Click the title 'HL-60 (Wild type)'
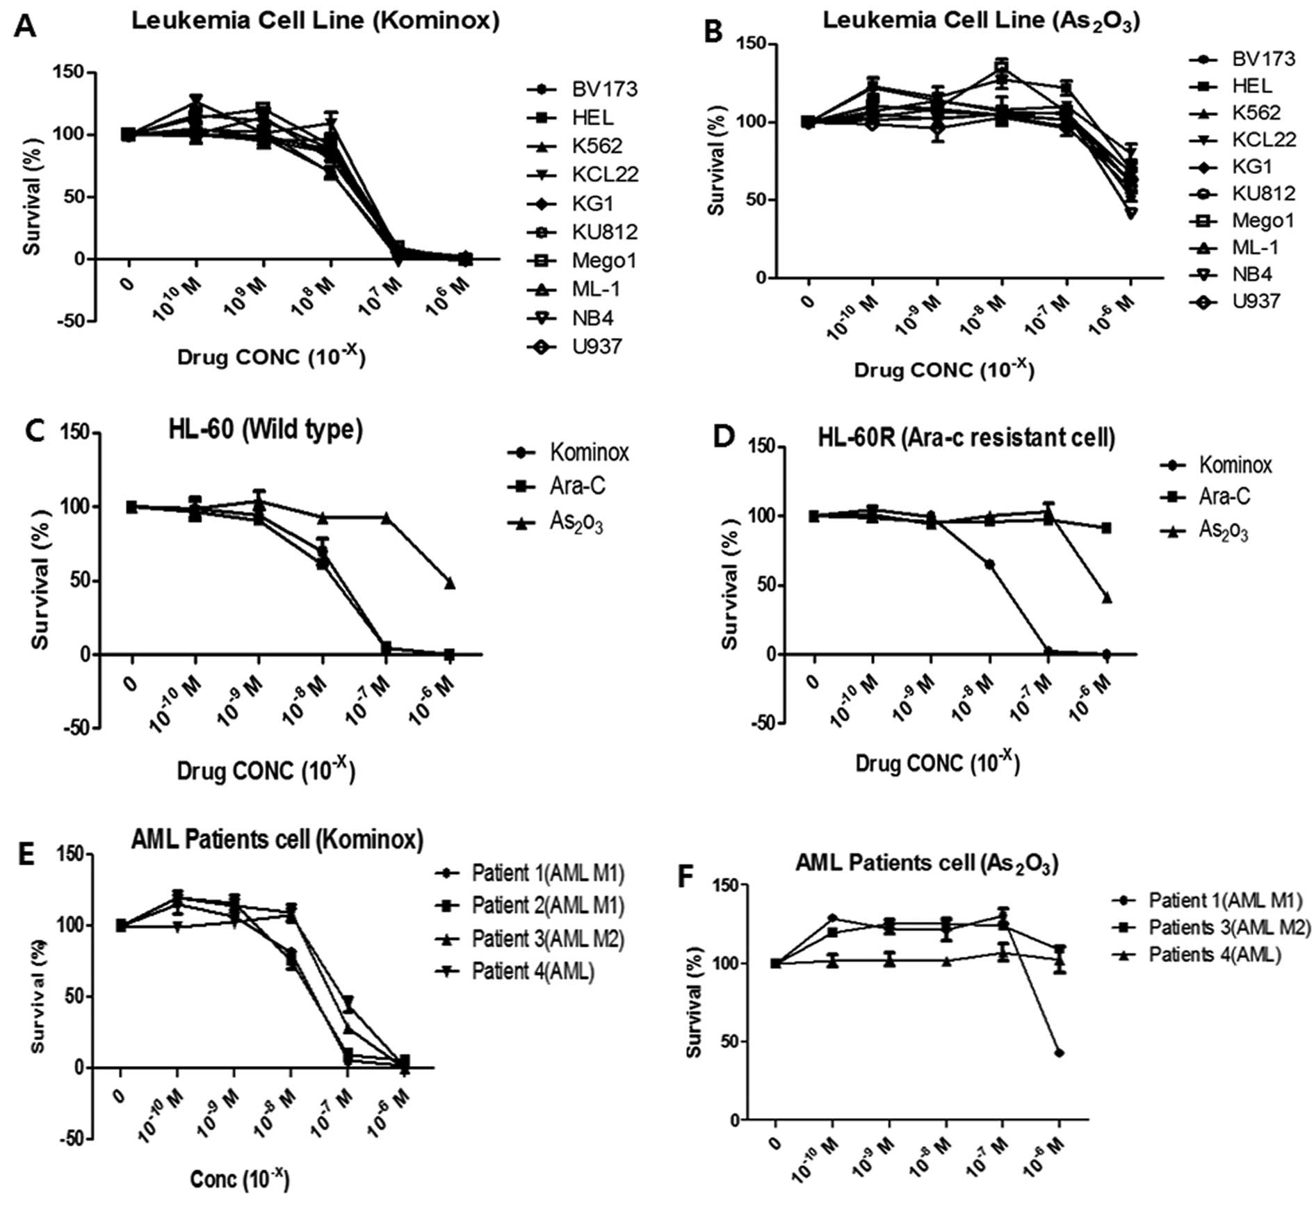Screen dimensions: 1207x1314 266,430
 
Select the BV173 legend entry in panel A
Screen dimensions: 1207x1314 604,89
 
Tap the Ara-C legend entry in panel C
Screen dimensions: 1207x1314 577,485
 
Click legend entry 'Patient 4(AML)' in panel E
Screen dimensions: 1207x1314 533,971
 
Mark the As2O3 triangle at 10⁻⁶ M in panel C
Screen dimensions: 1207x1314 450,583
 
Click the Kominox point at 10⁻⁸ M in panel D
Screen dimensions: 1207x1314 989,564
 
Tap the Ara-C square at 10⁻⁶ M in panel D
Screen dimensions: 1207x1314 1106,528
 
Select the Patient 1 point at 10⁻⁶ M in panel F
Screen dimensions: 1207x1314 1060,1053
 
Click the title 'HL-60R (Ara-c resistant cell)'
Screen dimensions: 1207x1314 966,438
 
